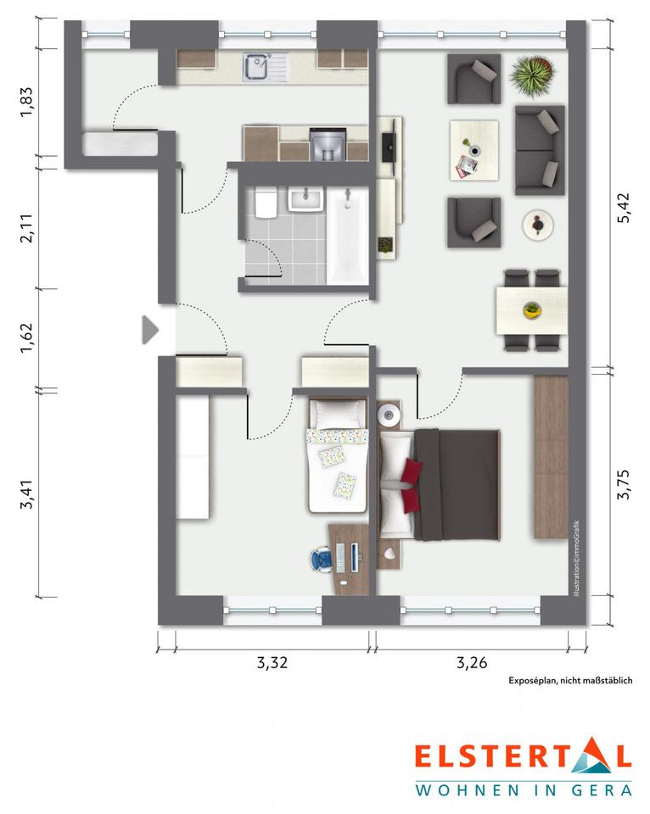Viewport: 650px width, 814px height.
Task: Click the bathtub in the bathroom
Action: click(347, 236)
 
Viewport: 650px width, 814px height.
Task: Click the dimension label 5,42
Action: click(623, 209)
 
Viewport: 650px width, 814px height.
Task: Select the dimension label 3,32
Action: click(272, 662)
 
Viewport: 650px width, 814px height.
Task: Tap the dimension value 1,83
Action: click(26, 103)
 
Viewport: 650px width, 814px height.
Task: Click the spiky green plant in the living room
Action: click(531, 76)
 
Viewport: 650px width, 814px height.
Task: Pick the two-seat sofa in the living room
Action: click(540, 151)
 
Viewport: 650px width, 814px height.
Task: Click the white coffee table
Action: click(473, 151)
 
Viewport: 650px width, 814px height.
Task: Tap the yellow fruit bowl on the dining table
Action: click(531, 310)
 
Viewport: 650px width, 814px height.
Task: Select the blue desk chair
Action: click(322, 560)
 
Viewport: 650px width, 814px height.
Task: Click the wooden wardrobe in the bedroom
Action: click(552, 457)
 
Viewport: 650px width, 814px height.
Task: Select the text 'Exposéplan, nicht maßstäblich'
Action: click(570, 681)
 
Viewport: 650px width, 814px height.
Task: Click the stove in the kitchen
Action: click(328, 144)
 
